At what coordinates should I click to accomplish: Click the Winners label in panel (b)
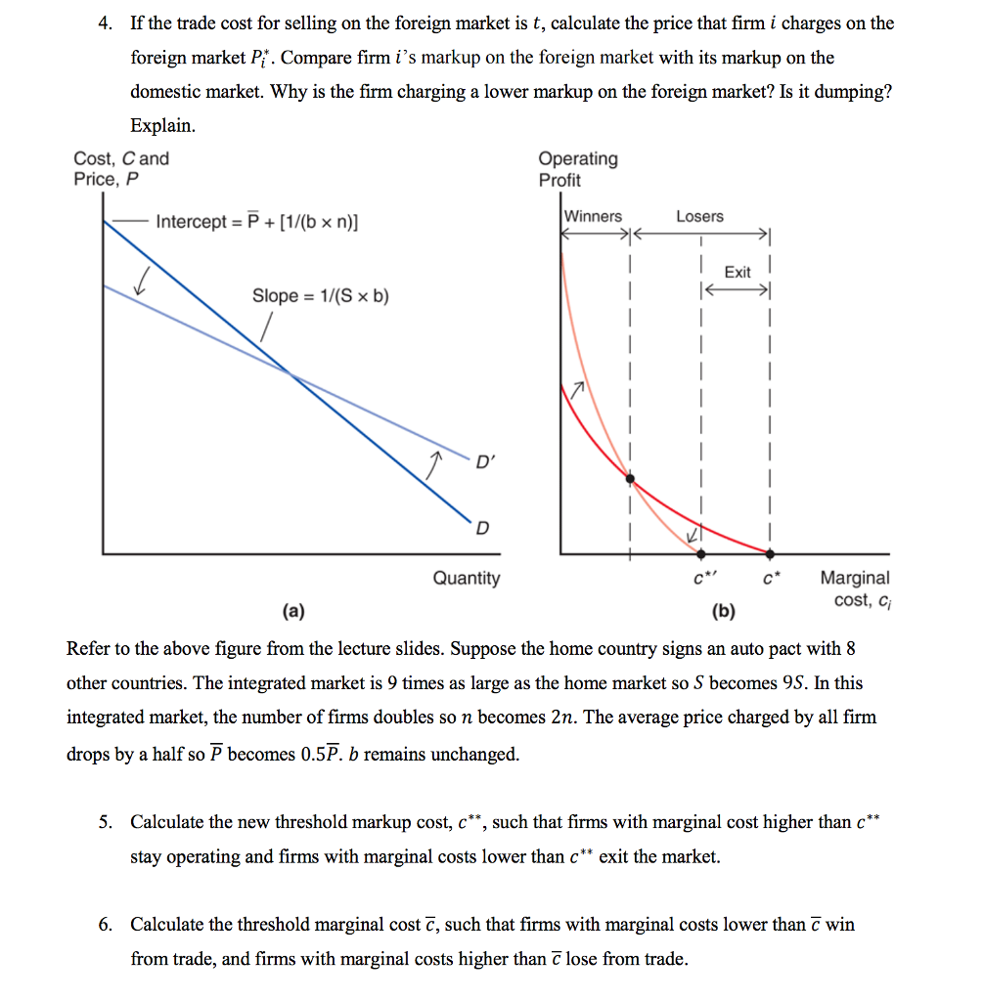pyautogui.click(x=593, y=216)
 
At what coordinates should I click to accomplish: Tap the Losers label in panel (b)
pyautogui.click(x=699, y=216)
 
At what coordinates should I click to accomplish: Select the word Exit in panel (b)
pyautogui.click(x=738, y=272)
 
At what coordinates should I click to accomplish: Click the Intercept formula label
pyautogui.click(x=256, y=222)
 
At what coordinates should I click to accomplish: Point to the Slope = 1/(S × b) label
pyautogui.click(x=321, y=295)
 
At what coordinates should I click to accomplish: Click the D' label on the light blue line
pyautogui.click(x=486, y=461)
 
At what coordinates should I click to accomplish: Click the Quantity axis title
pyautogui.click(x=466, y=578)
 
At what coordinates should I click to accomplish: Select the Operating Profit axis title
pyautogui.click(x=578, y=169)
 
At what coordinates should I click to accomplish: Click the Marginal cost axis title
pyautogui.click(x=854, y=588)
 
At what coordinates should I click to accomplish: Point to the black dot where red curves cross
pyautogui.click(x=630, y=479)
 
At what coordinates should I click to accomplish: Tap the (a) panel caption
pyautogui.click(x=292, y=613)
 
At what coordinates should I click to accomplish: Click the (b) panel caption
pyautogui.click(x=724, y=613)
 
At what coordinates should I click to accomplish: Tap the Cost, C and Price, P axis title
pyautogui.click(x=120, y=169)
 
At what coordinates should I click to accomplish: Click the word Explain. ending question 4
pyautogui.click(x=163, y=126)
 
